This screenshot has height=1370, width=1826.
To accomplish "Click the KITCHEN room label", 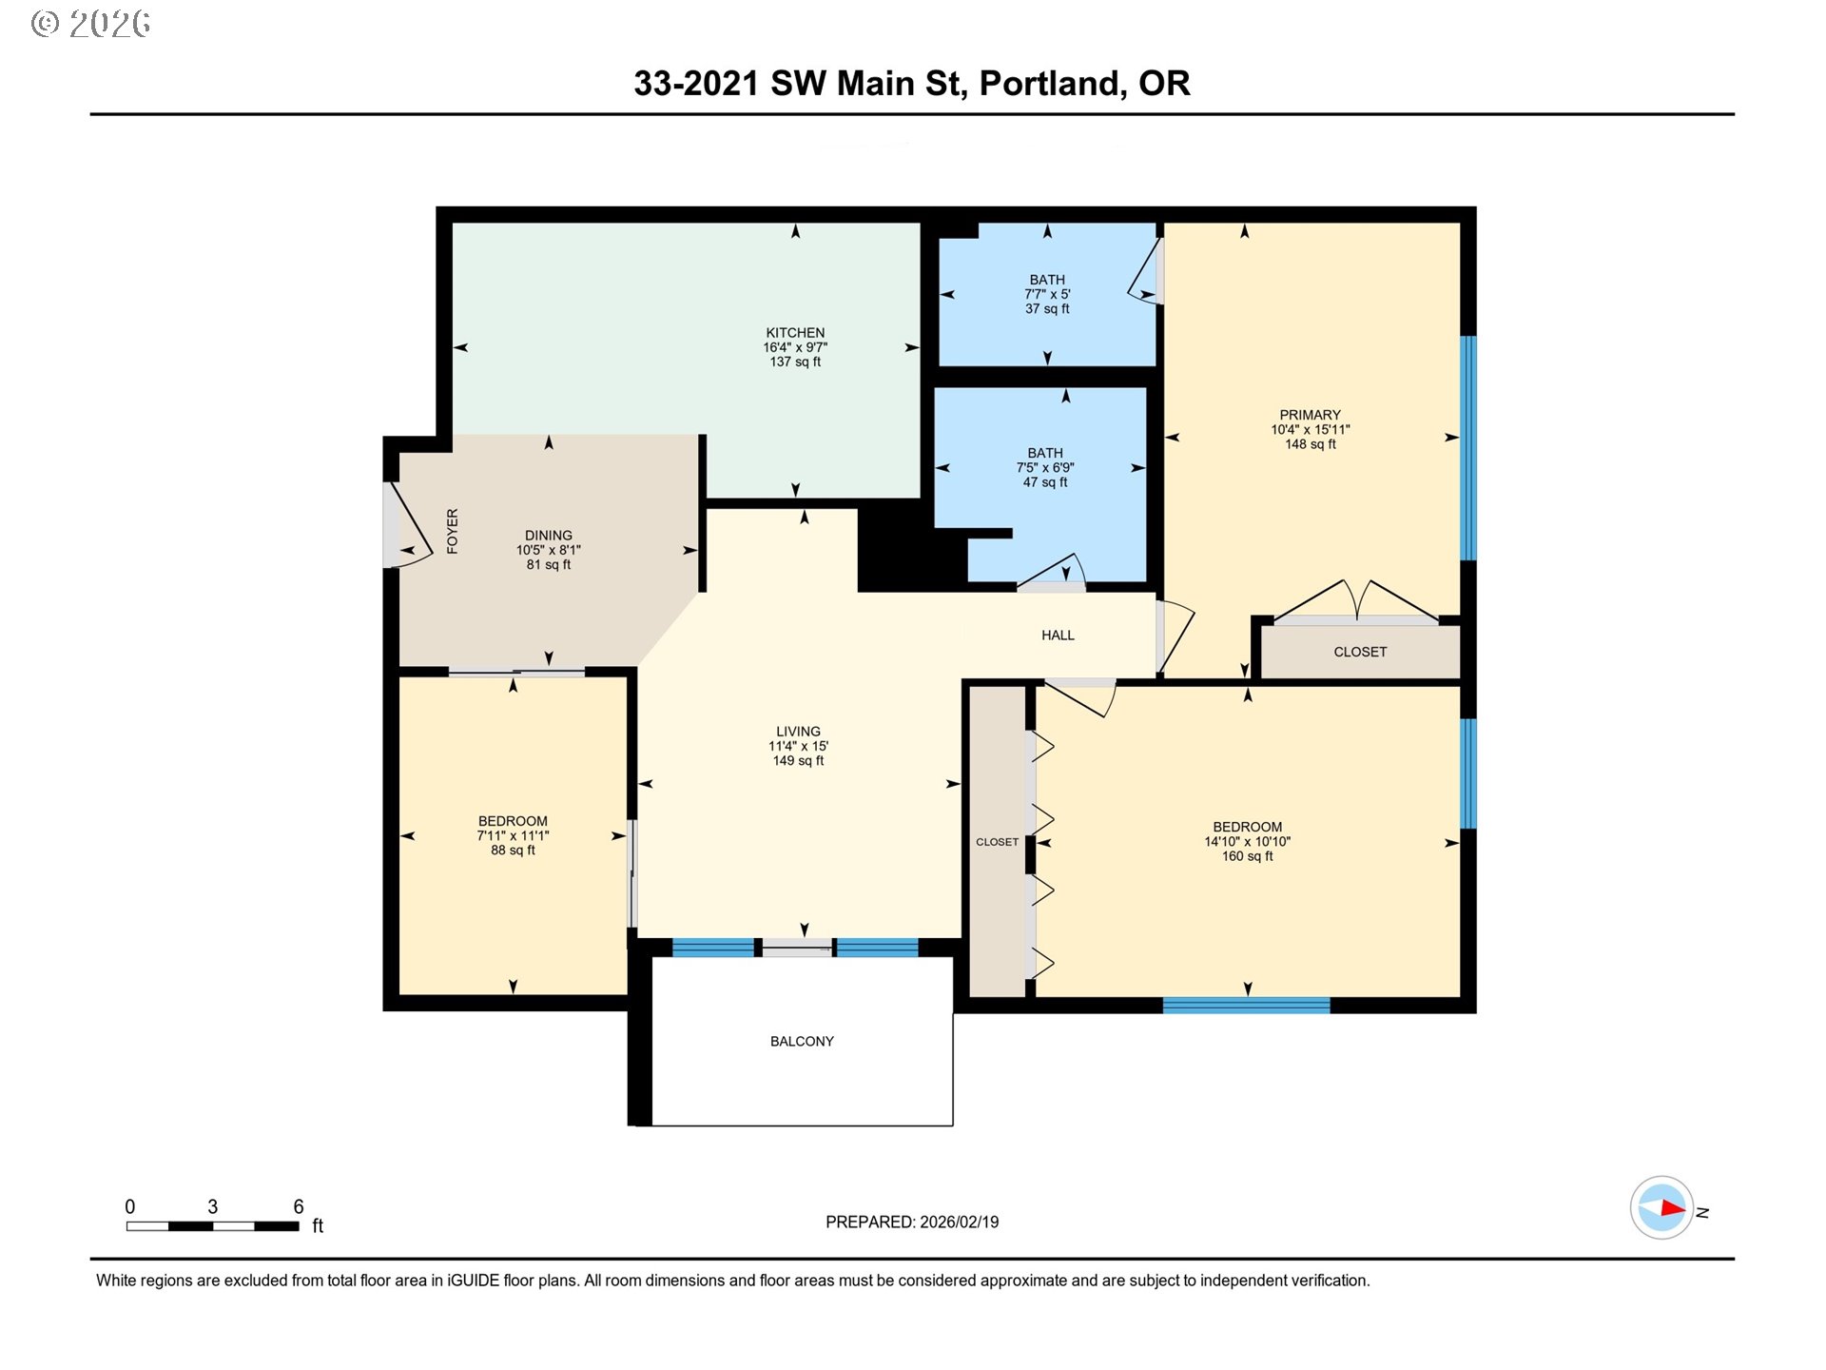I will pos(795,333).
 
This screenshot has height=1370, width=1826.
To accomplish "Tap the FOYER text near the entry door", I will pos(453,531).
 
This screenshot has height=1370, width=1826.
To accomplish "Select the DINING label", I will pos(549,536).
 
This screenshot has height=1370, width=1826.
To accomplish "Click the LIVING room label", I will pos(798,732).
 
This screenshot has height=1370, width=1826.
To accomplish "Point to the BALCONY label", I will pos(802,1042).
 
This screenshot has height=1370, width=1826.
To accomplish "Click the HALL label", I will pos(1058,636).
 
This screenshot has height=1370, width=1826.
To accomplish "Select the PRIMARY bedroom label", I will pos(1310,415).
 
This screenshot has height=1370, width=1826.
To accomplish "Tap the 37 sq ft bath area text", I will pos(1047,309).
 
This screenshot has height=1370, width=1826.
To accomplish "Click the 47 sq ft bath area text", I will pos(1045,482).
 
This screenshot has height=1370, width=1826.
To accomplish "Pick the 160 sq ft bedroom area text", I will pos(1247,856).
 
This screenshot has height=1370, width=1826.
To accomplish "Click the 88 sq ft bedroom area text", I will pos(513,851).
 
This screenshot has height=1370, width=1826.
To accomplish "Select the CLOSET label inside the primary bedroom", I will pos(1360,652).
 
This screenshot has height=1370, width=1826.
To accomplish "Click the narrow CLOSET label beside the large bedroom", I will pos(997,842).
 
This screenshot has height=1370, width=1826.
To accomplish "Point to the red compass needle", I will pos(1671,1208).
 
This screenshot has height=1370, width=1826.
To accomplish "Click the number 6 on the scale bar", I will pos(298,1206).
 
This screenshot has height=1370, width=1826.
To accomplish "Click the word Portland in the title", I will pos(1053,84).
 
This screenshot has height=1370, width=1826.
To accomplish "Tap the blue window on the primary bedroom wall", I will pos(1468,447).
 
